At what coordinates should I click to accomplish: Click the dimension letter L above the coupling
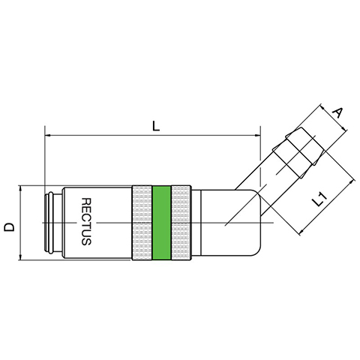155,127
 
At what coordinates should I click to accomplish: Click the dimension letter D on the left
10,227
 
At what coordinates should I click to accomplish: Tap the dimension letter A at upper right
337,112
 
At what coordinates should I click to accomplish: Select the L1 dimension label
320,199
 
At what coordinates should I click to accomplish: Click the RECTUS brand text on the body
86,221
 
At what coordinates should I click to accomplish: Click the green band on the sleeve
161,223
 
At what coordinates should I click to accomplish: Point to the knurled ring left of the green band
142,223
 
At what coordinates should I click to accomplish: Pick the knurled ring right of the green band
181,223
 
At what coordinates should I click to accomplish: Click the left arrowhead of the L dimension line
47,136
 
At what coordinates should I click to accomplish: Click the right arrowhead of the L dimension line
257,136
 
